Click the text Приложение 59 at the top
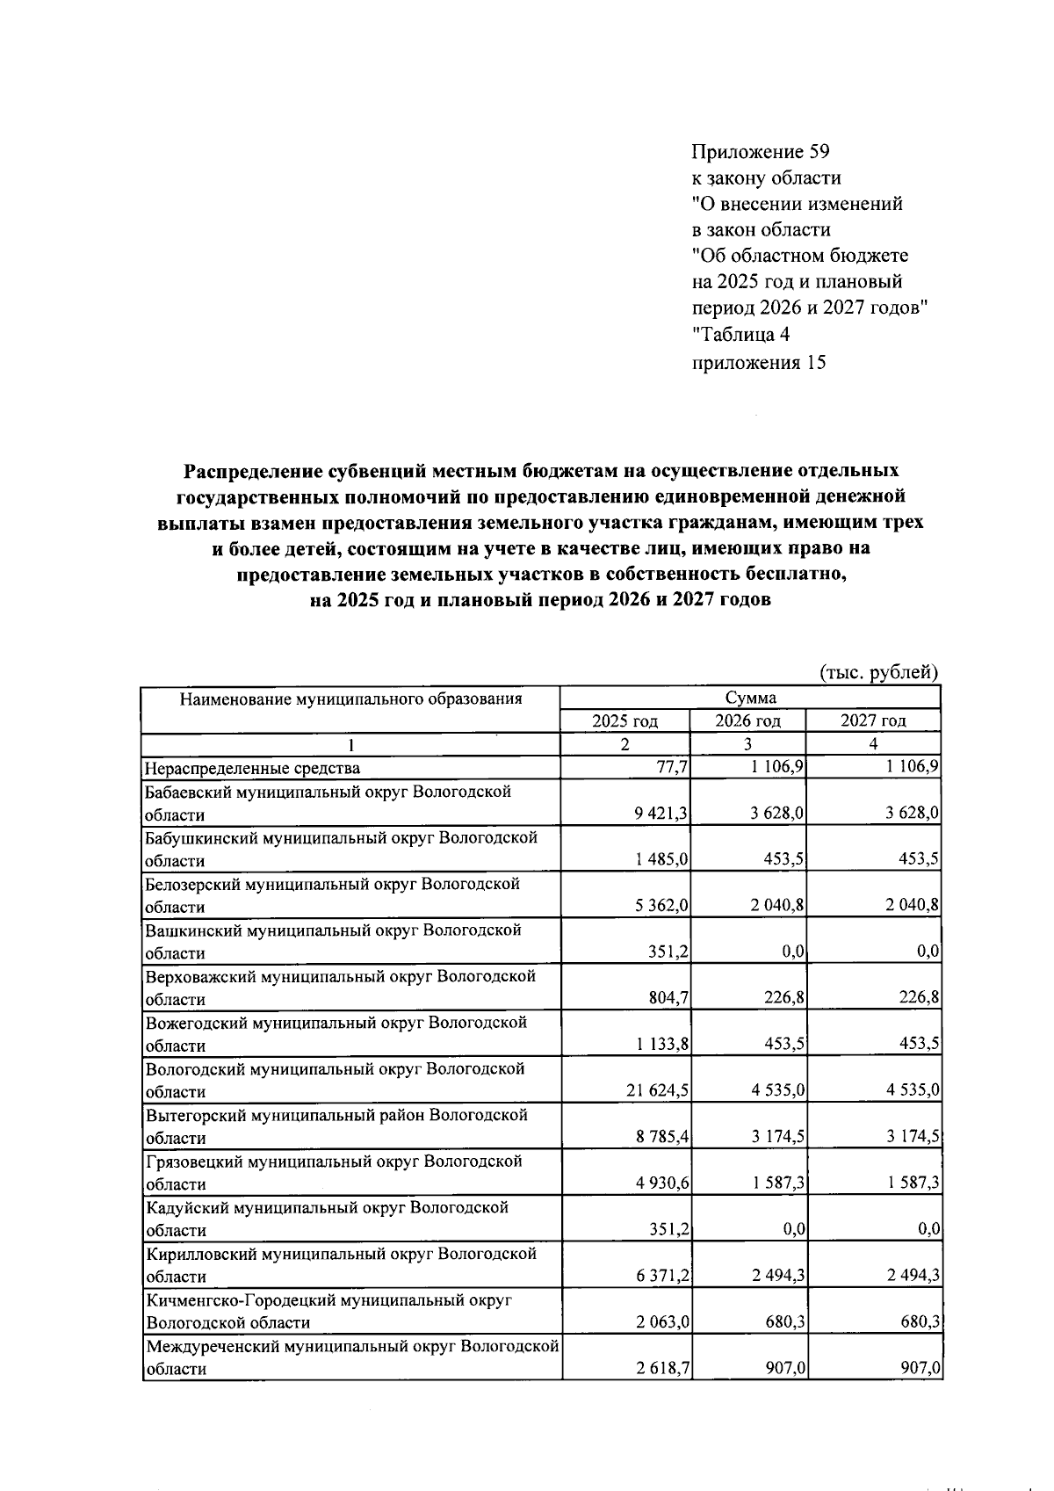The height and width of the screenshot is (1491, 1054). (x=760, y=152)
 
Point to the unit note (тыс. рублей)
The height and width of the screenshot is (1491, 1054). (x=878, y=673)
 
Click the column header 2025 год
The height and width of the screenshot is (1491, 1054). (x=624, y=721)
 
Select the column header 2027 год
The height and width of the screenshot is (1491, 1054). (x=873, y=721)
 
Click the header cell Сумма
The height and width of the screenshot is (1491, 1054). (x=750, y=698)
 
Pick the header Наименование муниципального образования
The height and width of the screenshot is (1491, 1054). (x=350, y=699)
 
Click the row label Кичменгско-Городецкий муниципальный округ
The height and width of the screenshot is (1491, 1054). (x=328, y=1300)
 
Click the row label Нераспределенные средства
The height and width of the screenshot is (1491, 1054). (x=253, y=768)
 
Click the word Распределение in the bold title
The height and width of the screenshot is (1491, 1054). (x=254, y=471)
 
